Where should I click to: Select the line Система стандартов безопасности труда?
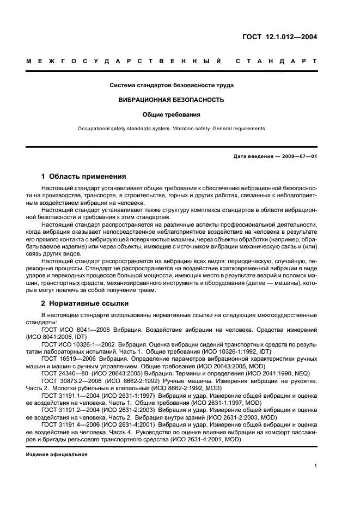[172, 86]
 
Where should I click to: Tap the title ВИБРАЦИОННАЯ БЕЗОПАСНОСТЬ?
[172, 100]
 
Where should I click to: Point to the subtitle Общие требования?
[172, 115]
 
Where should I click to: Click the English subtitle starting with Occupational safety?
[172, 129]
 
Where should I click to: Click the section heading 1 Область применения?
[84, 177]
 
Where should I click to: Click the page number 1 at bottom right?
[316, 466]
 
